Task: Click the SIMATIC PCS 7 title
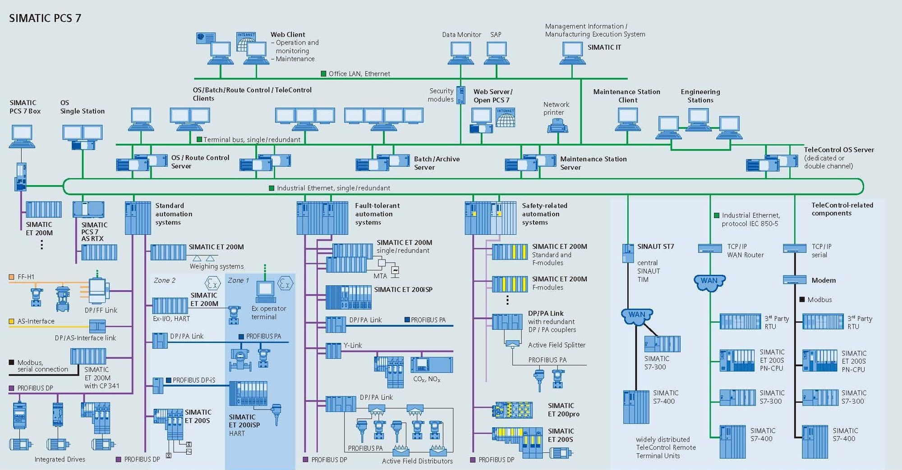point(45,18)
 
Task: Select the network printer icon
point(557,126)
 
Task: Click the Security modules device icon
point(461,95)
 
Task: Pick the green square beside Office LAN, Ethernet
point(323,73)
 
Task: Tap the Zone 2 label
point(165,280)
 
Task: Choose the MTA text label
point(380,276)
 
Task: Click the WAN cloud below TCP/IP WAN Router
point(709,282)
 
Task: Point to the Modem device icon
point(794,280)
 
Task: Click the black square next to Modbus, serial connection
point(12,362)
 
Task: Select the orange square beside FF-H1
point(12,277)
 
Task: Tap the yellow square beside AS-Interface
point(12,321)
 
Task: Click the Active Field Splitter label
point(557,345)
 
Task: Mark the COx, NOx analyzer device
point(431,365)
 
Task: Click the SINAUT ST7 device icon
point(628,253)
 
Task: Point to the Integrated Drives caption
point(60,459)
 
